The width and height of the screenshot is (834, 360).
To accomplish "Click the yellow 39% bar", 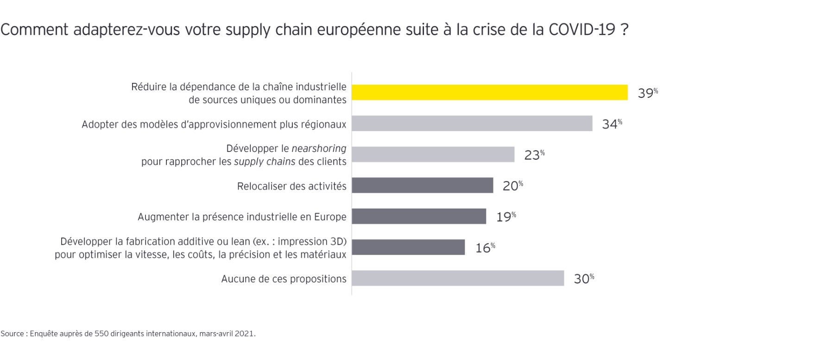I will [x=489, y=92].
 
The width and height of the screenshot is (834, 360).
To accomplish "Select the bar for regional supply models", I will [x=472, y=123].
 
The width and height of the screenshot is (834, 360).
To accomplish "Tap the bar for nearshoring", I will [x=433, y=154].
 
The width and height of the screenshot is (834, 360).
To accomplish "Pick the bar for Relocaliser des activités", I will [x=422, y=185].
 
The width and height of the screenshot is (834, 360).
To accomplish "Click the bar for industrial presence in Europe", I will [x=419, y=216].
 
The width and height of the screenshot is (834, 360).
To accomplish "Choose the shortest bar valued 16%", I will [x=408, y=247].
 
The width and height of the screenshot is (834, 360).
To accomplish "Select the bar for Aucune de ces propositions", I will [x=458, y=278].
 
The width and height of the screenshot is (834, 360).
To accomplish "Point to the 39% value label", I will [x=647, y=93].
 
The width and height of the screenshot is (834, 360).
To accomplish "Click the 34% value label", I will [x=612, y=124].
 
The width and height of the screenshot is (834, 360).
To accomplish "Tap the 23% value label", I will [x=534, y=155].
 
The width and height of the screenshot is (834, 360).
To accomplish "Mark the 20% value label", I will [x=512, y=186].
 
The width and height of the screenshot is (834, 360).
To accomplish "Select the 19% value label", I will [x=505, y=217].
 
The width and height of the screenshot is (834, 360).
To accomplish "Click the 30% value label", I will [x=583, y=278].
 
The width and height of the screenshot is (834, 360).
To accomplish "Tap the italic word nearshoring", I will [x=319, y=149].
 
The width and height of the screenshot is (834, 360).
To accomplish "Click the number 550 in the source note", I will [x=101, y=334].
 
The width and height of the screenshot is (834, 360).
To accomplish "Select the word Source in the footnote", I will [x=12, y=334].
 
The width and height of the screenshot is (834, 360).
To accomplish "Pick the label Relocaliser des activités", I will [x=291, y=186].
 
